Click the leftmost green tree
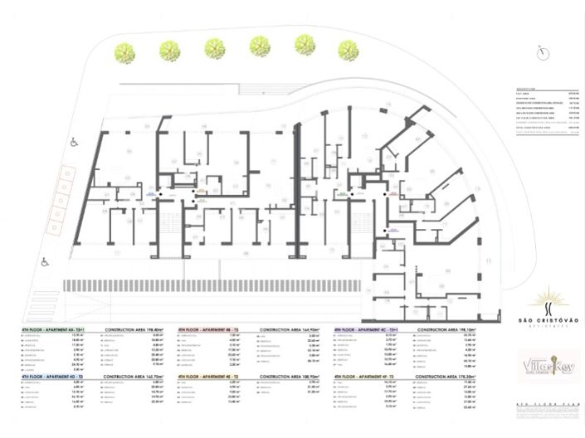(x=125, y=51)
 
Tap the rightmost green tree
(x=349, y=50)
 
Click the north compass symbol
(x=543, y=53)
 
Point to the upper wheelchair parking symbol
(x=74, y=142)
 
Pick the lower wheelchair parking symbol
(x=45, y=262)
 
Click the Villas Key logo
(x=548, y=365)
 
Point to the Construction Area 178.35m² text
(x=451, y=376)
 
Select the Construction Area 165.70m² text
(x=132, y=376)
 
